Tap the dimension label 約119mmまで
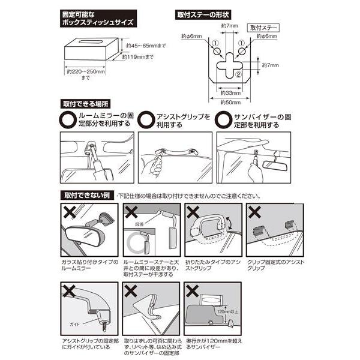coord(138,58)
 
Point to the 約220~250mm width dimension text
coord(86,73)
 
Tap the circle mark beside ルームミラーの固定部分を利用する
coord(67,119)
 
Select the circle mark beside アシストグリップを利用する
coord(145,119)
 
